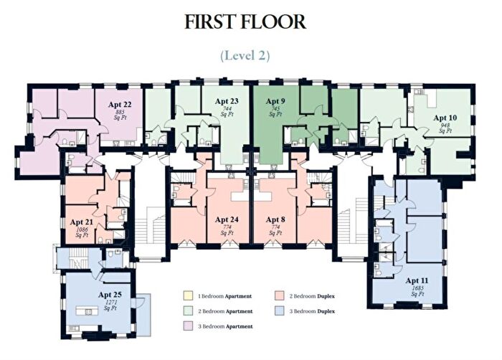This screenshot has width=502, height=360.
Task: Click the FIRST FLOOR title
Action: (245, 22)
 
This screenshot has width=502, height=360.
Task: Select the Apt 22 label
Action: (120, 105)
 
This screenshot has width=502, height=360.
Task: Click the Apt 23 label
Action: (227, 101)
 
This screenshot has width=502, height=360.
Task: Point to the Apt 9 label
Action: (275, 101)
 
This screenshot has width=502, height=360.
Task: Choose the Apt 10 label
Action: (445, 117)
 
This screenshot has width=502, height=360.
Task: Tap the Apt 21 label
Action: (81, 222)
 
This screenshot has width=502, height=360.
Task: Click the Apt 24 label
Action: (226, 219)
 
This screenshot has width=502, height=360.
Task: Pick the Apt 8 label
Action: (275, 219)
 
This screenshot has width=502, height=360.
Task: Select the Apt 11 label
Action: (417, 280)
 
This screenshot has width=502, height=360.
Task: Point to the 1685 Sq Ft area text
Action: (417, 291)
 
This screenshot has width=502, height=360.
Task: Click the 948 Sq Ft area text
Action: (445, 128)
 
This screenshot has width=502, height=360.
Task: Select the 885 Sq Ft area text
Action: (120, 115)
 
